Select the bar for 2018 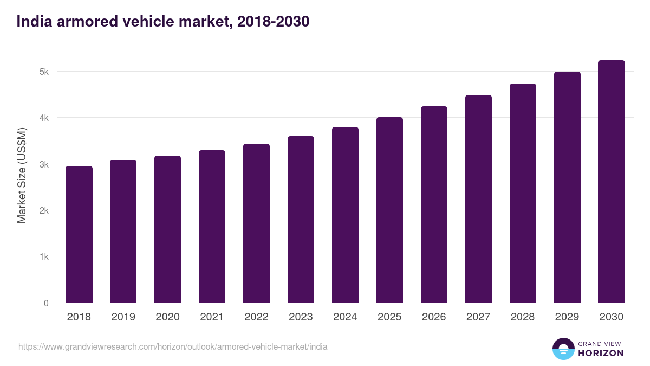(x=79, y=234)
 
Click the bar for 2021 (x=212, y=227)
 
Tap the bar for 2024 (x=345, y=215)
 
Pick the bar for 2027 (x=478, y=199)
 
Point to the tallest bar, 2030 (x=611, y=182)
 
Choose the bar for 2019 (x=123, y=232)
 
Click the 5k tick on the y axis (x=44, y=72)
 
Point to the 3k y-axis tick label (x=44, y=164)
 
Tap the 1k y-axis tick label (x=44, y=257)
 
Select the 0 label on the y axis (x=47, y=303)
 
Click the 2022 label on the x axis (x=256, y=317)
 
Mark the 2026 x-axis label (x=434, y=317)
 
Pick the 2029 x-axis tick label (x=567, y=317)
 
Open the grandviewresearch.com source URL (x=173, y=346)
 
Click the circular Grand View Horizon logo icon (x=563, y=349)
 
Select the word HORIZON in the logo (x=601, y=353)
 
